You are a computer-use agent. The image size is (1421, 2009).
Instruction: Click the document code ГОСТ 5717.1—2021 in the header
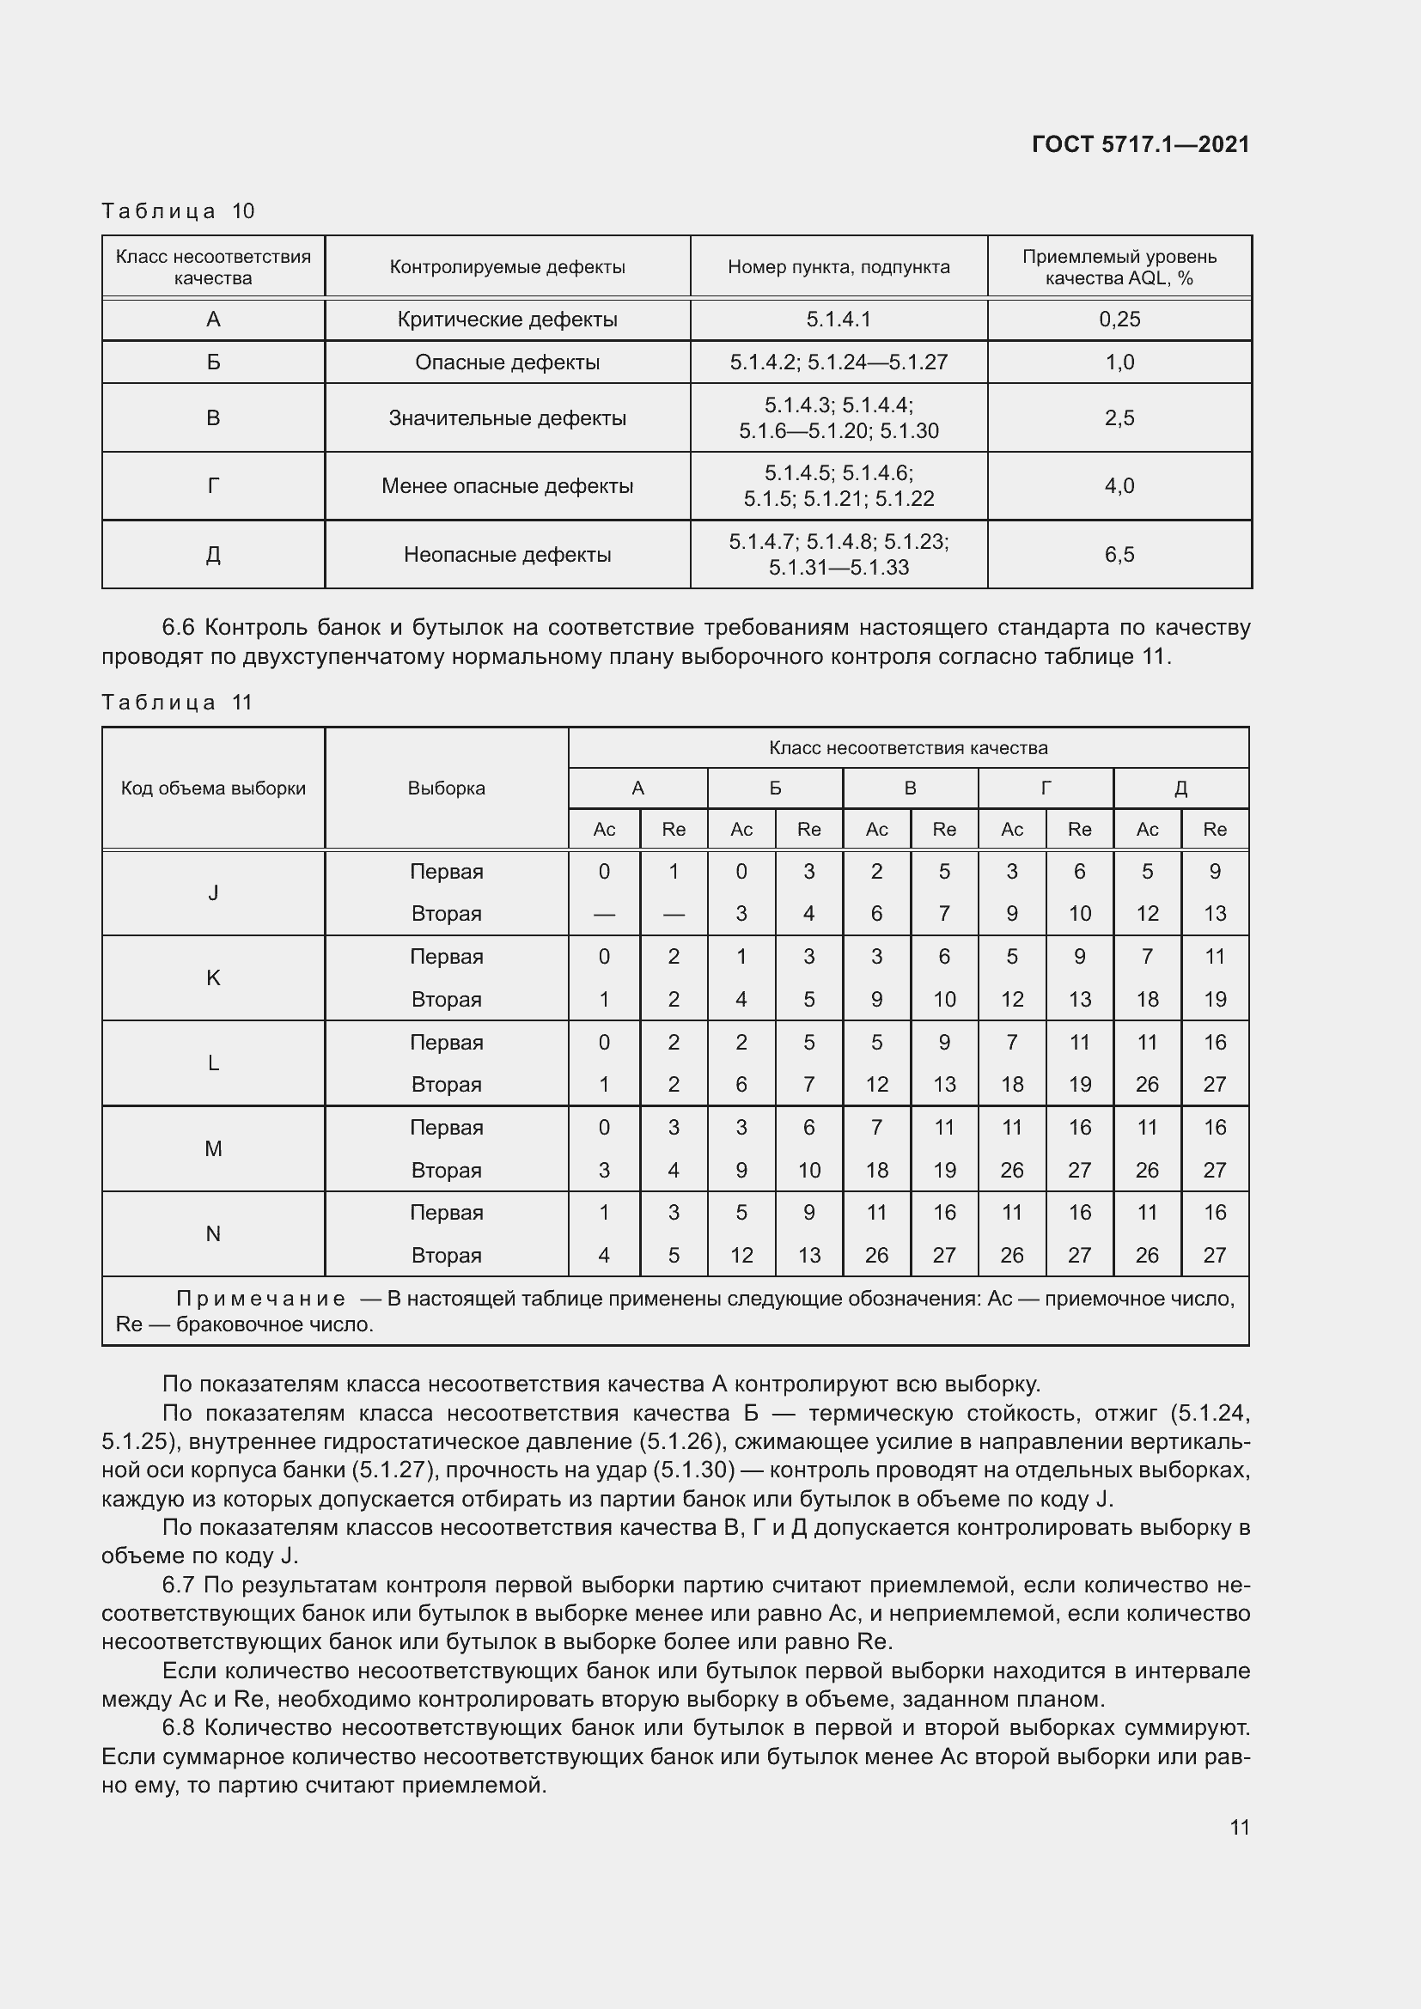(1140, 144)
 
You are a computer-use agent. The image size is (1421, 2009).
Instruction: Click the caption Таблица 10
(178, 211)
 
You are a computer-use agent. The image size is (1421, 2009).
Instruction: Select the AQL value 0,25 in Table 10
(1119, 320)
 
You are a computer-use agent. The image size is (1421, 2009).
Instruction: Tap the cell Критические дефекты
(507, 320)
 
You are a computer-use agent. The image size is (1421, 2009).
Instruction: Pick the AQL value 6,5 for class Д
(1119, 554)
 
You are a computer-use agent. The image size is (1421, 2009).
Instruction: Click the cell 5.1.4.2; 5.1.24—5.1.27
(839, 362)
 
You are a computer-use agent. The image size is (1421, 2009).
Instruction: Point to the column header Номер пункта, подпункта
(839, 267)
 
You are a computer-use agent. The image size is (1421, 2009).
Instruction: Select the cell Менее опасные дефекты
(507, 485)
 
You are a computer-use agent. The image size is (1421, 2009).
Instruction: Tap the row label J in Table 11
(212, 892)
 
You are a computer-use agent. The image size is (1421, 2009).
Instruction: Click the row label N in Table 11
(212, 1233)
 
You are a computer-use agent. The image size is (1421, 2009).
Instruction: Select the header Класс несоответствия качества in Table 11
(907, 748)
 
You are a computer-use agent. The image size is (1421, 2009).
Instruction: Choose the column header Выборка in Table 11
(446, 788)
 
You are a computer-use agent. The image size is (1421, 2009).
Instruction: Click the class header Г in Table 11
(1046, 788)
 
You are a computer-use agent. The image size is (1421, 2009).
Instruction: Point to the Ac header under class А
(604, 830)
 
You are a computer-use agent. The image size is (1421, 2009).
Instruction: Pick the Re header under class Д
(1215, 830)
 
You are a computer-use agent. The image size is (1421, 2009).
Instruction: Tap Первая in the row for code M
(446, 1127)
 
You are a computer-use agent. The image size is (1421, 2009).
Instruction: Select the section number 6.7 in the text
(179, 1585)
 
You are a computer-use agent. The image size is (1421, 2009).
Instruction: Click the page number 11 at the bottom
(1239, 1827)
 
